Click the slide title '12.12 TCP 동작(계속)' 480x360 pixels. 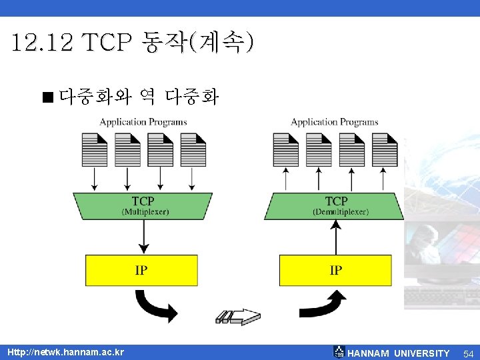132,43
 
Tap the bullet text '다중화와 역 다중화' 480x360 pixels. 138,98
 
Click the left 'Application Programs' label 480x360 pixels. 143,122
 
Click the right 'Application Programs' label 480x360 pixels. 335,122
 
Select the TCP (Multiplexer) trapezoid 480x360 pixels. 143,205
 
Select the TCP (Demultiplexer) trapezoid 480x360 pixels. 335,205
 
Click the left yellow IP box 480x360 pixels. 141,270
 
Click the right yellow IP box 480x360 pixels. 335,270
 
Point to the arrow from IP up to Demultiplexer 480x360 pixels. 336,237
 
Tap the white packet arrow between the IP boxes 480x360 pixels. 239,315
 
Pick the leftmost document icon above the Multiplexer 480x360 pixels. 94,149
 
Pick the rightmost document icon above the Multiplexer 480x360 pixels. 193,149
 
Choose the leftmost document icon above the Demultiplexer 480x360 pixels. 286,149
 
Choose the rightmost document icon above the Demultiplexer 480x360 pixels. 385,149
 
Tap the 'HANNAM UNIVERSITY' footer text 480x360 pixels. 399,353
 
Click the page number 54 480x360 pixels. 468,353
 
